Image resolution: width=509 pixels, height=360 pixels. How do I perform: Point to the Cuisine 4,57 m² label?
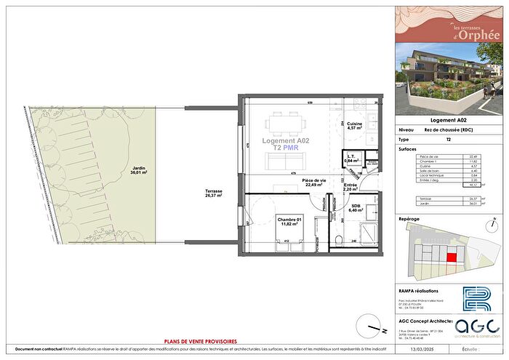click(x=354, y=127)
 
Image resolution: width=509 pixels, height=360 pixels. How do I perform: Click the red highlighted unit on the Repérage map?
click(x=452, y=255)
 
